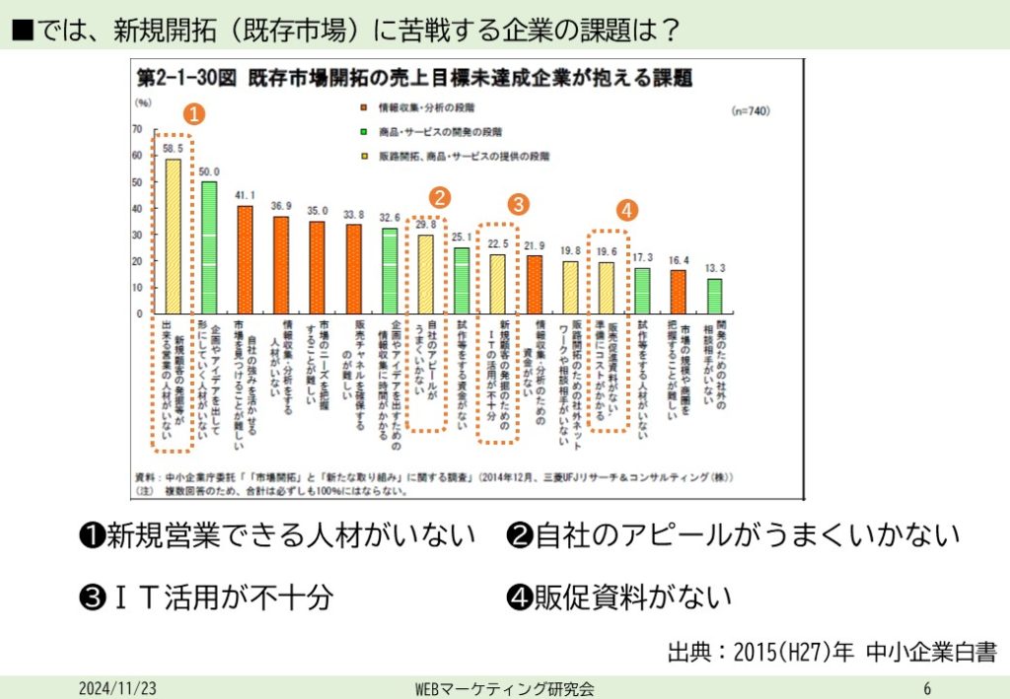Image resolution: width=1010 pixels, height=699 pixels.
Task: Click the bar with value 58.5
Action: click(173, 236)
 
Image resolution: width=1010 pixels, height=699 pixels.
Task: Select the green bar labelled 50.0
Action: click(209, 246)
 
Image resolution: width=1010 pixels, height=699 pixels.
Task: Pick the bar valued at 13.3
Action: click(715, 295)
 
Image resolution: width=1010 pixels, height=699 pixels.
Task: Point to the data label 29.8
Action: click(426, 224)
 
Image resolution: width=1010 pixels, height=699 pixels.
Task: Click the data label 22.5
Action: click(498, 244)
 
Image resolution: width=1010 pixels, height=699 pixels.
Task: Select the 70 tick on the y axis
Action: click(137, 129)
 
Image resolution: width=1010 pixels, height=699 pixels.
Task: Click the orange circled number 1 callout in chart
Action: click(195, 114)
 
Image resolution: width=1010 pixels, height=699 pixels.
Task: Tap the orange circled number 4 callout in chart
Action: click(627, 209)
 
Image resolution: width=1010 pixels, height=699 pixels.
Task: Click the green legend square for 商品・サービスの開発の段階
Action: click(364, 131)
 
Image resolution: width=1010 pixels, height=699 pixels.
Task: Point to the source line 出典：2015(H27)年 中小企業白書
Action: click(831, 652)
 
